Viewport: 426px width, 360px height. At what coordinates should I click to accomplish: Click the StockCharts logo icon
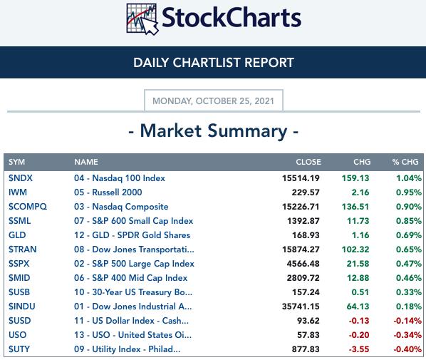(x=142, y=19)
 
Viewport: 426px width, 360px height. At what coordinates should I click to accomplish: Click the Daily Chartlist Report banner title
(x=214, y=63)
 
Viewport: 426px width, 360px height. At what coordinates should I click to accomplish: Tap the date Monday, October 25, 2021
(x=213, y=101)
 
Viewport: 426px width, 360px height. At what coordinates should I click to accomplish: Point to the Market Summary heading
(x=214, y=131)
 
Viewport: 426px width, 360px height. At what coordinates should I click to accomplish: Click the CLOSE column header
(x=308, y=162)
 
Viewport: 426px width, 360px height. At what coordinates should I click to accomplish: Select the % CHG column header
(x=405, y=162)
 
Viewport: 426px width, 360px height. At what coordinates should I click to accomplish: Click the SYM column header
(x=16, y=162)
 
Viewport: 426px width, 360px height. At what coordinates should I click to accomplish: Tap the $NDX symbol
(x=21, y=178)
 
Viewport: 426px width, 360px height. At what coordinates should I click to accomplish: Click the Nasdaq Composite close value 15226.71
(x=301, y=207)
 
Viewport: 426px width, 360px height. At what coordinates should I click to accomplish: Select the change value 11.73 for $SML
(x=358, y=221)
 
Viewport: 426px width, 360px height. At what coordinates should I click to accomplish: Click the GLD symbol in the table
(x=17, y=235)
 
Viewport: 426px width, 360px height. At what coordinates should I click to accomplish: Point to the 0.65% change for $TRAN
(x=409, y=250)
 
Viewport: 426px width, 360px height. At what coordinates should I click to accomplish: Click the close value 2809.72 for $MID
(x=303, y=278)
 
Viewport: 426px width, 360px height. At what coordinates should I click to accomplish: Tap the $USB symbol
(x=19, y=292)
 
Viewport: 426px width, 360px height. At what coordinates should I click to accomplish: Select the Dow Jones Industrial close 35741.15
(x=301, y=307)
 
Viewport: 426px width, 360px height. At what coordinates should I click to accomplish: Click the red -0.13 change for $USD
(x=359, y=321)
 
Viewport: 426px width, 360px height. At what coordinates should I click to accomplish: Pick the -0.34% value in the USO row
(x=407, y=335)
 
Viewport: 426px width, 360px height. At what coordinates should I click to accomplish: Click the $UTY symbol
(x=19, y=349)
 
